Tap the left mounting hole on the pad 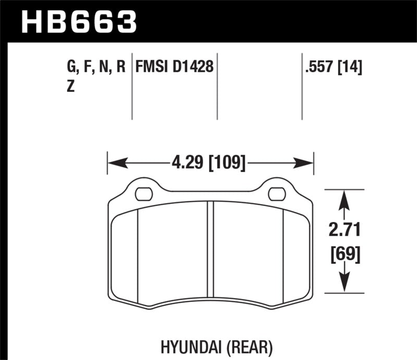coord(142,194)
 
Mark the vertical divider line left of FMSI coord(131,86)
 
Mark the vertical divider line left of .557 coord(302,86)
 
